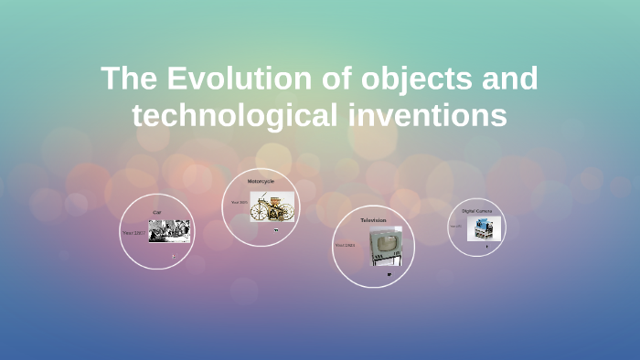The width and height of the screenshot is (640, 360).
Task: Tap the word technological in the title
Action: tap(236, 115)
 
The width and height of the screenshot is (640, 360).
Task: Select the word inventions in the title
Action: tap(426, 115)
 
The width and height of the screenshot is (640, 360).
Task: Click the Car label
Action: tap(157, 213)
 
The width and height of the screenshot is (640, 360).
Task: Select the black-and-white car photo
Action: tap(169, 231)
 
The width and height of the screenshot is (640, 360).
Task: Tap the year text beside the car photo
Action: tap(133, 233)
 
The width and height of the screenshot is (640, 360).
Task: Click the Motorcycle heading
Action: tap(261, 181)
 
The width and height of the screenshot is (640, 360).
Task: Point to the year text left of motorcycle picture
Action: tap(239, 203)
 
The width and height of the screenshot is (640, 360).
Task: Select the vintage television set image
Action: tap(386, 247)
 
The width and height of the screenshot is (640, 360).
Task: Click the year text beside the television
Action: tap(345, 245)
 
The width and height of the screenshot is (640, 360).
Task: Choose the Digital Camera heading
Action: tap(476, 210)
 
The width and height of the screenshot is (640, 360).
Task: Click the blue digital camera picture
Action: tap(484, 228)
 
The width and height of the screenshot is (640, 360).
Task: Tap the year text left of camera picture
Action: tap(455, 227)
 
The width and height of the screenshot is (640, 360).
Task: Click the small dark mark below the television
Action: tap(389, 273)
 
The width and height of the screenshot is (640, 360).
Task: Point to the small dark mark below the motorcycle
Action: tap(275, 230)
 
